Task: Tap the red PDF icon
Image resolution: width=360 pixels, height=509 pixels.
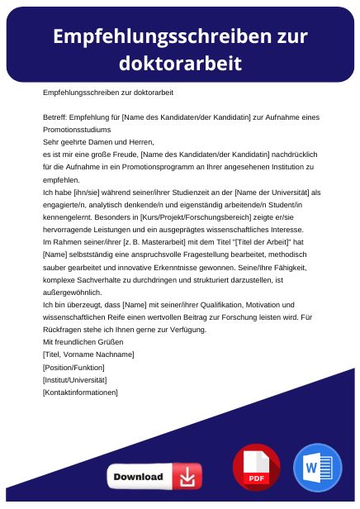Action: tap(256, 467)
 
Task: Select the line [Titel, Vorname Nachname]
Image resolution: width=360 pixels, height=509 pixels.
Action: tap(88, 354)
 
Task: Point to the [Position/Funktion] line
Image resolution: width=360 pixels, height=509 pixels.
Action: tap(73, 367)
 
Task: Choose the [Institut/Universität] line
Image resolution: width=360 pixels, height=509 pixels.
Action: tap(75, 379)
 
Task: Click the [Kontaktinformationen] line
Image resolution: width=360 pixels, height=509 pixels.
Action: tap(80, 392)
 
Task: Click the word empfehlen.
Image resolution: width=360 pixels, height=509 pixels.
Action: tap(62, 178)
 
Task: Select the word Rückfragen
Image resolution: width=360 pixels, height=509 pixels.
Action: tap(62, 330)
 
